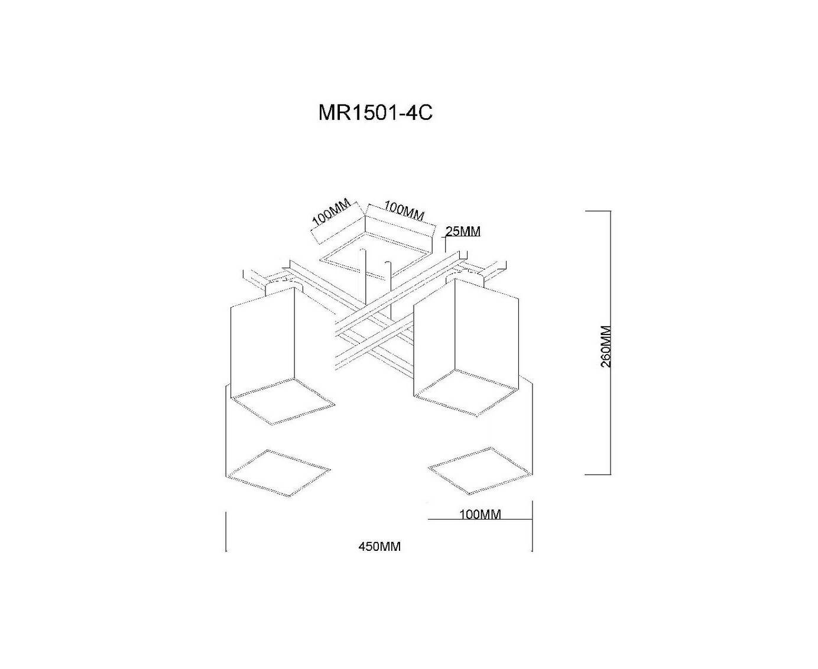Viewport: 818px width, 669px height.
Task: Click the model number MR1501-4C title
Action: coord(375,113)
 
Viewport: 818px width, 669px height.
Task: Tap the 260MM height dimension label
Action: coord(605,346)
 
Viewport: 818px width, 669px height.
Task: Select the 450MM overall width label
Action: coord(379,547)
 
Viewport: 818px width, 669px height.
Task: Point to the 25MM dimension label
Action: coord(463,232)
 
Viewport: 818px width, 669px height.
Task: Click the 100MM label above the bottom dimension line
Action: coord(480,514)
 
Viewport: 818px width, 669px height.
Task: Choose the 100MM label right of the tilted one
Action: coord(404,212)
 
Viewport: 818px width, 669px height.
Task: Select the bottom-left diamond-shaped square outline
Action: coord(278,473)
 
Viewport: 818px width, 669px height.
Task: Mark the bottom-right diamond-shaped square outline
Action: coord(479,471)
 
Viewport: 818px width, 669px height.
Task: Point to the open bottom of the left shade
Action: coord(283,401)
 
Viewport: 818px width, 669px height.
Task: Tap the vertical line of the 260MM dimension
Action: coord(611,343)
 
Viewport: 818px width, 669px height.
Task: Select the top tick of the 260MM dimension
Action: coord(598,212)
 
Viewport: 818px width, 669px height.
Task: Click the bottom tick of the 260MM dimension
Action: coord(598,475)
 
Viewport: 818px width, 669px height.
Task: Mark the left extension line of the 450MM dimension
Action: coord(226,531)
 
